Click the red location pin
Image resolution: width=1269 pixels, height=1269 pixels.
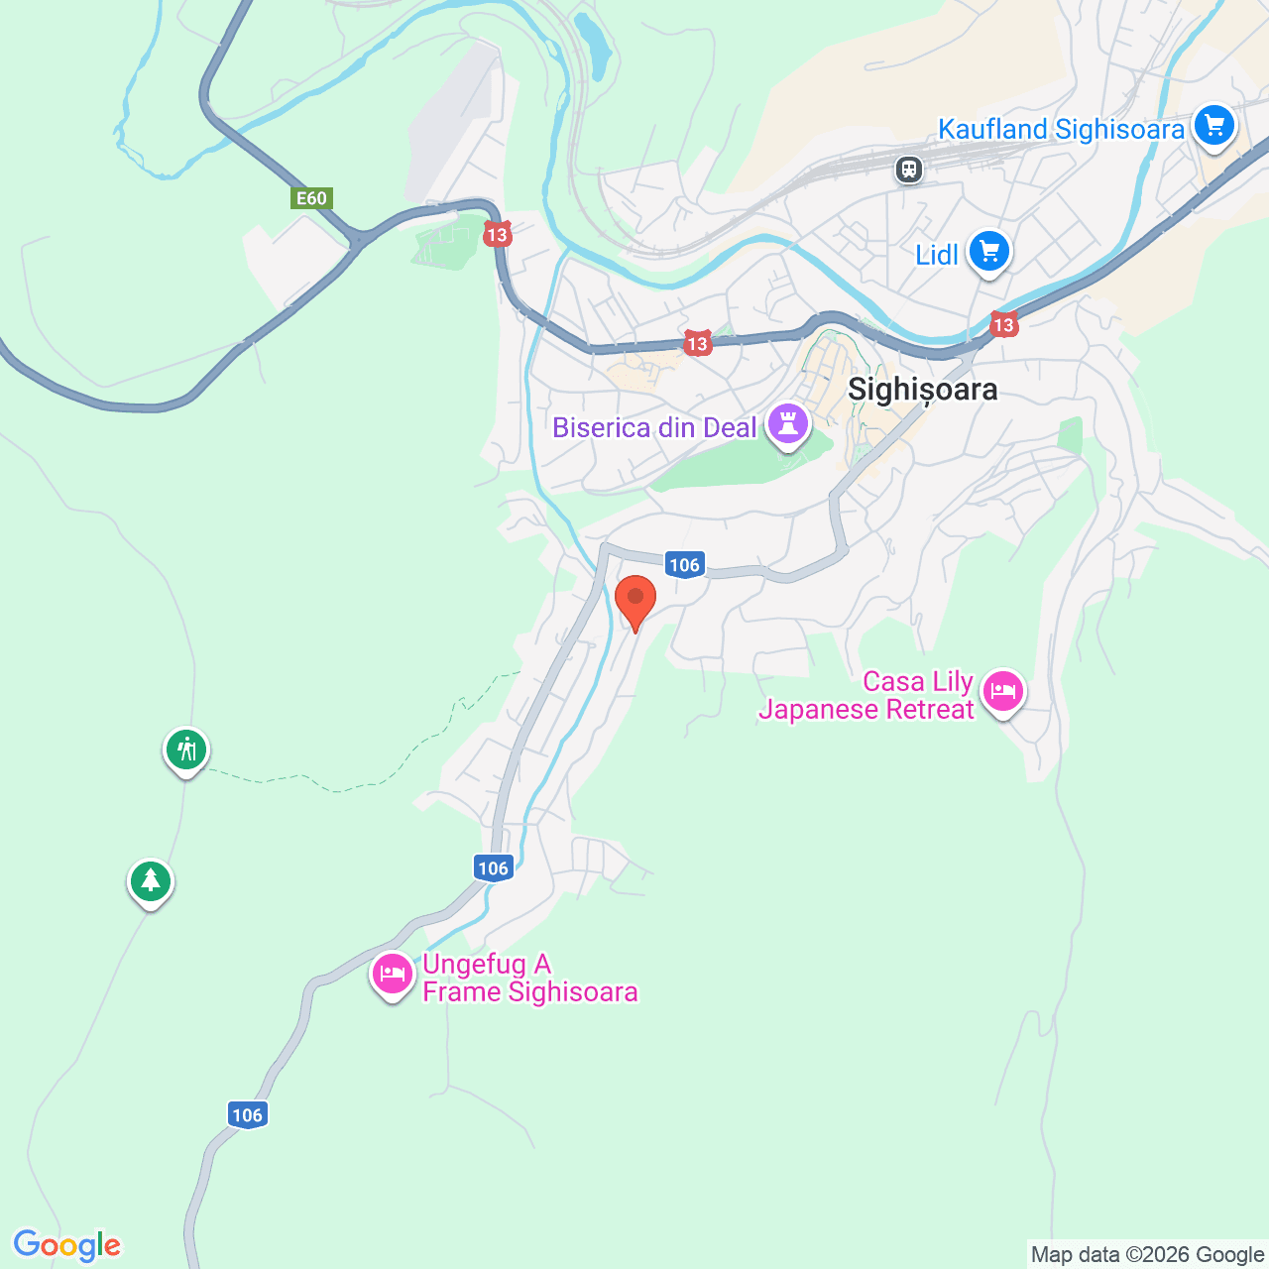coord(635,601)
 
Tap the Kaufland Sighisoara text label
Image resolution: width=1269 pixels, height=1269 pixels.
coord(1061,130)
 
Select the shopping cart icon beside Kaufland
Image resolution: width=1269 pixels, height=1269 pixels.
coord(1214,126)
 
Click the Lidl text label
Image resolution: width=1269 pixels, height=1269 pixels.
coord(937,256)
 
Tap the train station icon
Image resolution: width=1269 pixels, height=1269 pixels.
coord(908,170)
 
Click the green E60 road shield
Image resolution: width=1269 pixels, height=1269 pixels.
coord(311,198)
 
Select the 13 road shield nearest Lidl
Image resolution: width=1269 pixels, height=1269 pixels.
coord(1003,324)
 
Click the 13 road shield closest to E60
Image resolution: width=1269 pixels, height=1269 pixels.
coord(497,234)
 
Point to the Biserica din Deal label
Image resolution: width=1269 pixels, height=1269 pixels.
coord(654,428)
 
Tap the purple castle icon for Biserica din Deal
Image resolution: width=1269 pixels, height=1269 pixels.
coord(788,424)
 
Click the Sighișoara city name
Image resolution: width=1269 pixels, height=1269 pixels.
coord(922,390)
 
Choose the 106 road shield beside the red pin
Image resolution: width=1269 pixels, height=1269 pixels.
coord(684,565)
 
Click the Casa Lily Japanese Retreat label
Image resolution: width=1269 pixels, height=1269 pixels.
coord(867,696)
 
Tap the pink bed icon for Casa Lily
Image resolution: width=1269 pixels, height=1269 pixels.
coord(1003,691)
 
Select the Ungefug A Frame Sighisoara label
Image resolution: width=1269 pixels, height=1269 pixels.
coord(529,979)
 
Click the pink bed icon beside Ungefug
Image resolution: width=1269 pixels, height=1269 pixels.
coord(392,975)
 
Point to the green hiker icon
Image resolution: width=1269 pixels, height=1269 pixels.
coord(185,750)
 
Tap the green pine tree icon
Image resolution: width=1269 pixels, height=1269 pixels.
coord(151,880)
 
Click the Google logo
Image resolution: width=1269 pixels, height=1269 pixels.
coord(67,1245)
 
